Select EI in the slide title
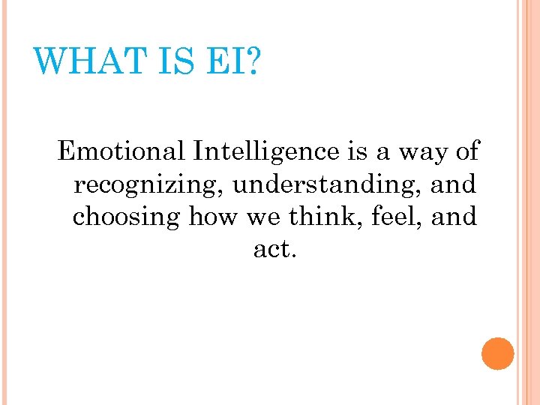[224, 60]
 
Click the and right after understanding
[454, 184]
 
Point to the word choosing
[126, 217]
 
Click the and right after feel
[454, 217]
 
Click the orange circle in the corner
[497, 354]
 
